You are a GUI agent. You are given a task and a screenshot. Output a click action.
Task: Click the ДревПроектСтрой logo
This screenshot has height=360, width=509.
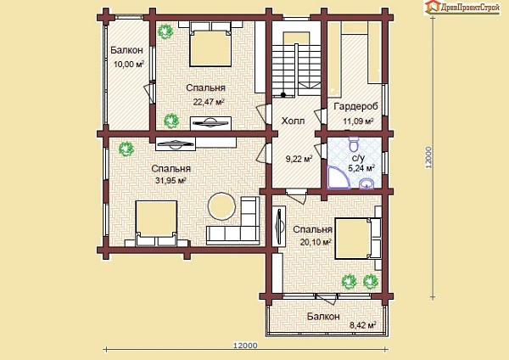pos(462,7)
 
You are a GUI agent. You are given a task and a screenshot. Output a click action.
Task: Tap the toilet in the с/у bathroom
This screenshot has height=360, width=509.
pos(353,143)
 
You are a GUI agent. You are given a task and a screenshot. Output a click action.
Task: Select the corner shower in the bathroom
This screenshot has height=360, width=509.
pos(337,177)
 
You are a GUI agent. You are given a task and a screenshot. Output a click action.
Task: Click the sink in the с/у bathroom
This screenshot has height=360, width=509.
pos(367,183)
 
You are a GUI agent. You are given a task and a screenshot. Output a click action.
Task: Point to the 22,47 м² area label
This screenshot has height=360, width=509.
pos(209,102)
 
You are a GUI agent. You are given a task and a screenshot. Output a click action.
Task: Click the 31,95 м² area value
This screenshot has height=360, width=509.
pos(171,180)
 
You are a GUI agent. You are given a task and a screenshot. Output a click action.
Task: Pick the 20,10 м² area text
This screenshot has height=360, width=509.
pos(316,242)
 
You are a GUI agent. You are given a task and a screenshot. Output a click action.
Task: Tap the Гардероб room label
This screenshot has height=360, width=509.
pos(356,107)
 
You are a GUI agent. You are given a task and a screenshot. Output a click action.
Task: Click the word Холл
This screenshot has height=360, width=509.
pos(293,121)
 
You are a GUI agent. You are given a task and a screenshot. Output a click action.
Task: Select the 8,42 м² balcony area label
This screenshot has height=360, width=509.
pos(362,325)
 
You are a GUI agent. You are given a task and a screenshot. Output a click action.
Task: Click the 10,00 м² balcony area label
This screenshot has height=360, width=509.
pos(129,64)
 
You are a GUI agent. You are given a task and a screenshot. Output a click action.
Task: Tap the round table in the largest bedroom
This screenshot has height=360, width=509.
pos(221,206)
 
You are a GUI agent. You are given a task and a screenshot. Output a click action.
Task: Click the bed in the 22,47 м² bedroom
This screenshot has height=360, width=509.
pos(210,44)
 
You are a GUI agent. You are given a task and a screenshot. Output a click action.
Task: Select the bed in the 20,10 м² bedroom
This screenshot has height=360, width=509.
pos(358,239)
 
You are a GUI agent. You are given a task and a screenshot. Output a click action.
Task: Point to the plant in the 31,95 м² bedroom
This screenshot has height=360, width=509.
pos(126,149)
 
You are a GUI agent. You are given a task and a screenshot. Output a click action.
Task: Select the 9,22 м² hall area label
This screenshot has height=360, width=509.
pos(299,160)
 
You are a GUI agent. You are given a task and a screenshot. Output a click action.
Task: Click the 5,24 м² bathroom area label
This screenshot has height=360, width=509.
pos(361,168)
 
